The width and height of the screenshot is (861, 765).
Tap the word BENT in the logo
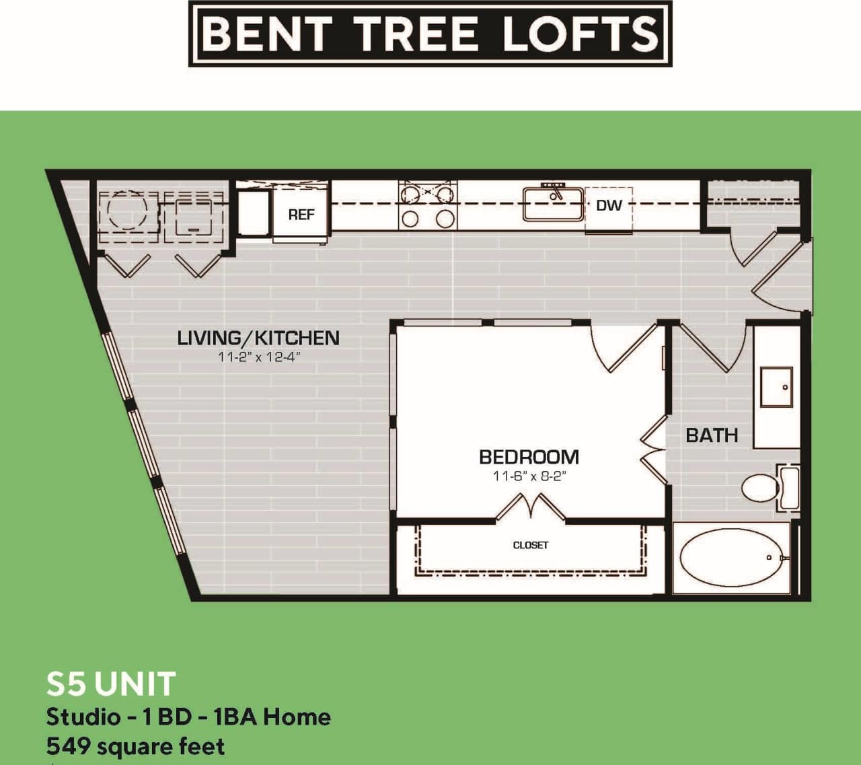267,34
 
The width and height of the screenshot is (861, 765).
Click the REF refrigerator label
301,215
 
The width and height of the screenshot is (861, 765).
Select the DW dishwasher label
609,205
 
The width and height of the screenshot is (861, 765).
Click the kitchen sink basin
553,204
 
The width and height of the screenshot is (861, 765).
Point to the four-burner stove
427,205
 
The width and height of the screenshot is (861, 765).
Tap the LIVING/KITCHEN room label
258,337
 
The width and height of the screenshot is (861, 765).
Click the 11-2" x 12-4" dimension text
258,357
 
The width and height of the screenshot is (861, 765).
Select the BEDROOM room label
529,457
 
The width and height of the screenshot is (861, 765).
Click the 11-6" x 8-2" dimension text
529,476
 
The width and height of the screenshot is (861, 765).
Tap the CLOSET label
530,545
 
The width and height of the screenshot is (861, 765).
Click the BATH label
712,435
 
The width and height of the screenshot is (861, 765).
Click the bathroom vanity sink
776,387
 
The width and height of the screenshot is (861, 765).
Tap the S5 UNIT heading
111,684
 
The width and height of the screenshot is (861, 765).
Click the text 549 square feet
135,746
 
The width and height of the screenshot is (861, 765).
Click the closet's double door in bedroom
530,508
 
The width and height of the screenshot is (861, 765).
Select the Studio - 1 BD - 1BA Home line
188,717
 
